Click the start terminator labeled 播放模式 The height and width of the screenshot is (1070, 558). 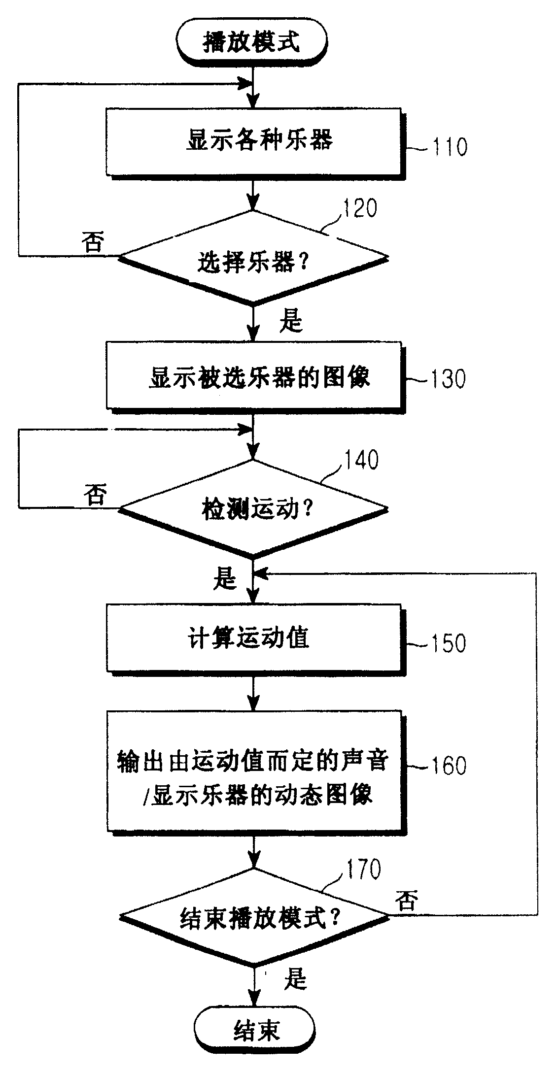(x=251, y=43)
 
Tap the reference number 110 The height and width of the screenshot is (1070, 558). (x=449, y=147)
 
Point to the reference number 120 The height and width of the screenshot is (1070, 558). (x=359, y=208)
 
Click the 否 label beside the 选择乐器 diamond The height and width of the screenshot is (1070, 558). (x=93, y=242)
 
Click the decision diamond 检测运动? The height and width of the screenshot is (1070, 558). (x=253, y=509)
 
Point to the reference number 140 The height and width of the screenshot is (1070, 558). (x=362, y=460)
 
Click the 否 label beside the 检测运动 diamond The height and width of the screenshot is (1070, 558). (x=95, y=494)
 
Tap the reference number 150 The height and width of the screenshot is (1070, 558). (x=449, y=643)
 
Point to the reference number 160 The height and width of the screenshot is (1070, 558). (x=448, y=766)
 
